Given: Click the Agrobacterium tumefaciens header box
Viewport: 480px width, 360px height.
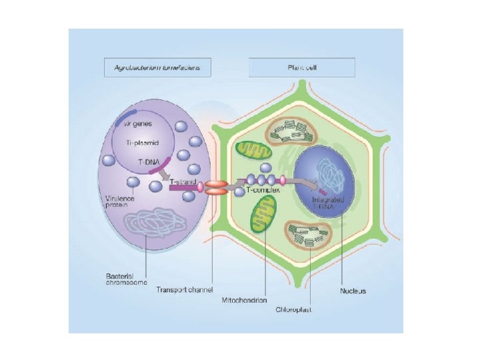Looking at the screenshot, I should [157, 67].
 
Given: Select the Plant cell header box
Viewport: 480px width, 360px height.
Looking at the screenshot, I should [302, 67].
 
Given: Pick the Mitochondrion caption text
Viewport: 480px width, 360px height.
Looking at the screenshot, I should [245, 300].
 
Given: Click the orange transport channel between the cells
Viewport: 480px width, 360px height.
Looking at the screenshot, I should [216, 187].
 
